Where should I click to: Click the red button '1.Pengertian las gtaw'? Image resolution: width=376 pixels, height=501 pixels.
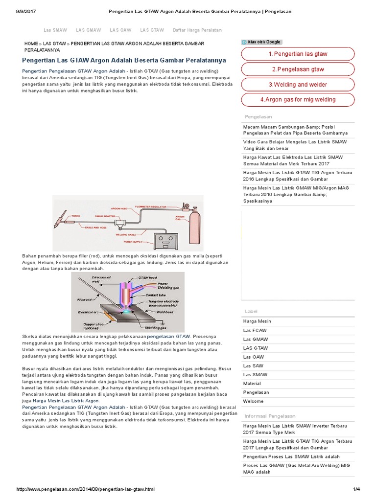tap(297, 54)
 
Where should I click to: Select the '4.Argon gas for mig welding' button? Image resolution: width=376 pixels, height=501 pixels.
tap(297, 99)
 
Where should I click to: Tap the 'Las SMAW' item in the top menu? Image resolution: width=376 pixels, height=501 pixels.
tap(55, 30)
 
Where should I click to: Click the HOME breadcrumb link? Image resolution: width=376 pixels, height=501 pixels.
tap(31, 44)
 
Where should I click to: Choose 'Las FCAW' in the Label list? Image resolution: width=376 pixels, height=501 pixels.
tap(255, 330)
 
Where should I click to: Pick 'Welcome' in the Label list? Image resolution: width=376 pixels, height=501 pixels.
tap(253, 401)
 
